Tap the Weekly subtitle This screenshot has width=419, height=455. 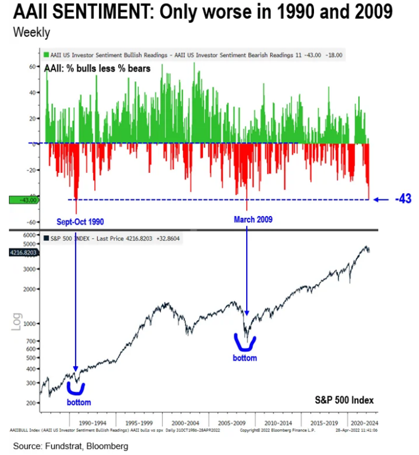(x=31, y=32)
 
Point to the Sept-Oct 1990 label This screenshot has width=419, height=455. (x=80, y=221)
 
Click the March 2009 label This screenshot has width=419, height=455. (x=253, y=219)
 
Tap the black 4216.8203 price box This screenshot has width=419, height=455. (x=23, y=252)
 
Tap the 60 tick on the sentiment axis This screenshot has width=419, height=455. (x=31, y=66)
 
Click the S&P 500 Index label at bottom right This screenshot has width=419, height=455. (x=344, y=400)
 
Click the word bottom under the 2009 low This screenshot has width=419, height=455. (x=245, y=358)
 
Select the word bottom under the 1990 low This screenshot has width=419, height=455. (x=79, y=402)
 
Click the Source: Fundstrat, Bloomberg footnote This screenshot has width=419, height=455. (x=71, y=446)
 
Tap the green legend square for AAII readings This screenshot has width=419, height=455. (x=45, y=55)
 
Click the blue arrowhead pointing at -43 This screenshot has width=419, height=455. (x=377, y=200)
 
